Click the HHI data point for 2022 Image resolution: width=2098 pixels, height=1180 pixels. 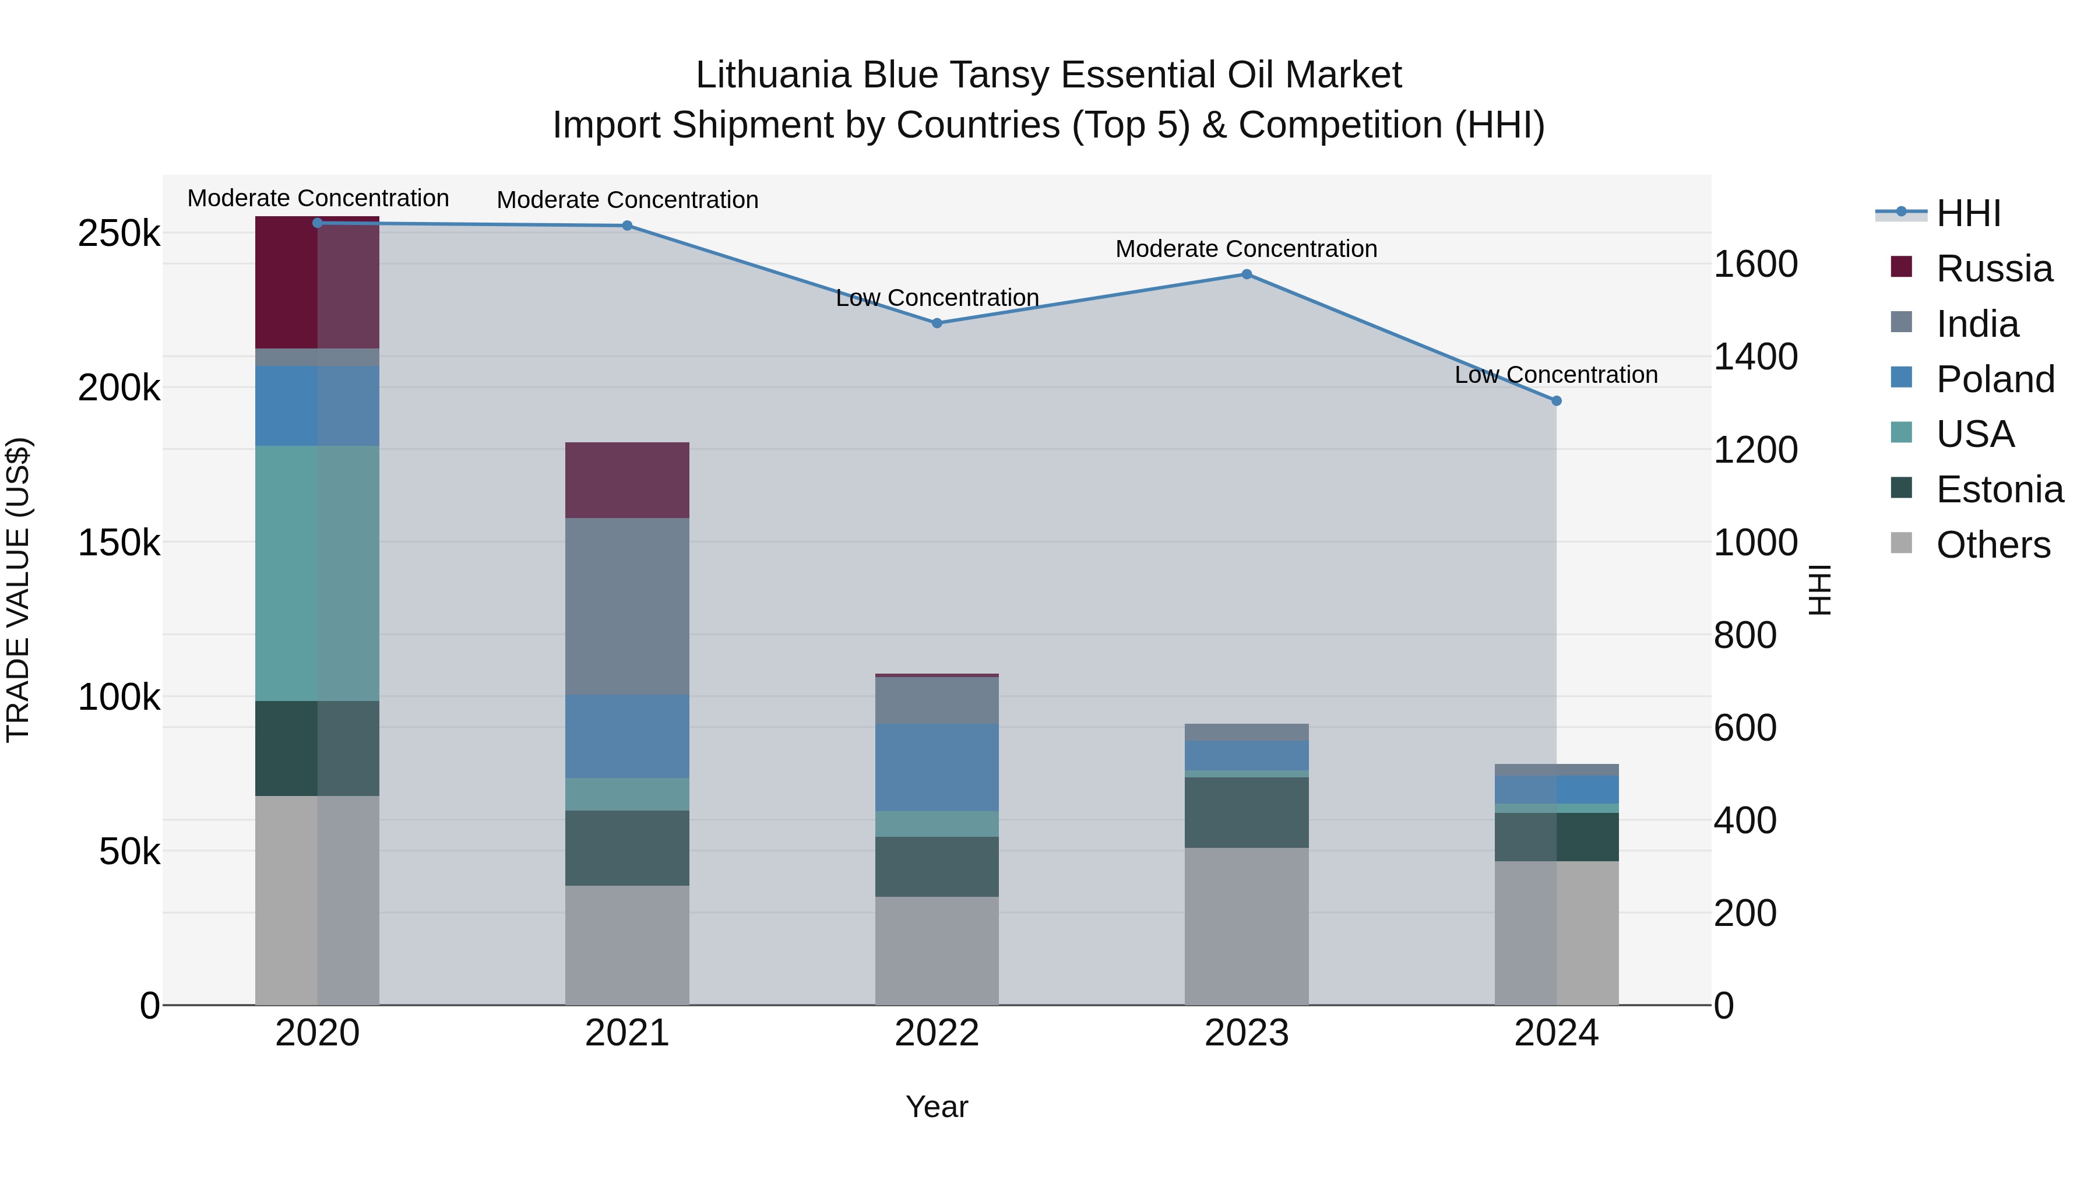coord(937,323)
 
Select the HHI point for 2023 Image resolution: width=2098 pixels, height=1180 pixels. coord(1246,274)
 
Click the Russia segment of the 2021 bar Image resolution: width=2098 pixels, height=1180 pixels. coord(627,481)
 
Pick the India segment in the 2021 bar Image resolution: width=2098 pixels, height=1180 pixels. coord(627,606)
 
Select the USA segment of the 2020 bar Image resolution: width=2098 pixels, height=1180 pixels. coord(317,573)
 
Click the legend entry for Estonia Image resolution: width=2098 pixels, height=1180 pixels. coord(1999,489)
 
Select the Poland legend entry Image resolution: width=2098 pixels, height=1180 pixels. coord(1995,379)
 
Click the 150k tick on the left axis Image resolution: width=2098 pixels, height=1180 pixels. coord(119,543)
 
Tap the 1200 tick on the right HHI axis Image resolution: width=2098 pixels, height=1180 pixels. coord(1755,449)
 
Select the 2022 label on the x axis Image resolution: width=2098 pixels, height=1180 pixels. coord(937,1033)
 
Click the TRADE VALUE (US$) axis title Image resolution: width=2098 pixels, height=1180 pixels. coord(18,590)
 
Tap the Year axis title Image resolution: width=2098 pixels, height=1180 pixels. coord(937,1107)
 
